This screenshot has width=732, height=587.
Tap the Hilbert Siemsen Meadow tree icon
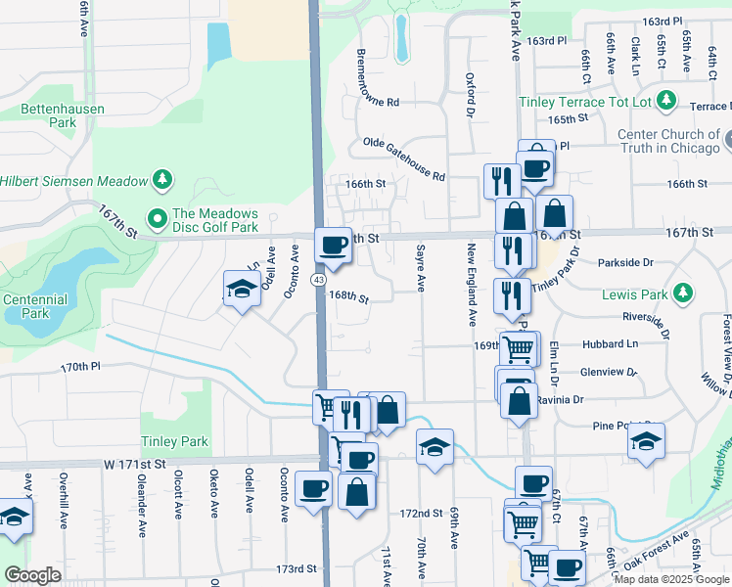(x=162, y=180)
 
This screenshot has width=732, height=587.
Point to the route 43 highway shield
(x=319, y=280)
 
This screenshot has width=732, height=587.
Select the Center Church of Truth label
(x=667, y=141)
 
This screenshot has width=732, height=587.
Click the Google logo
(x=32, y=575)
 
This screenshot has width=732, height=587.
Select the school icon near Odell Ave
(x=241, y=289)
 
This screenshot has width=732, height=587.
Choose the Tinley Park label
(x=174, y=441)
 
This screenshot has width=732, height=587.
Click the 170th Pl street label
(x=81, y=367)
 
